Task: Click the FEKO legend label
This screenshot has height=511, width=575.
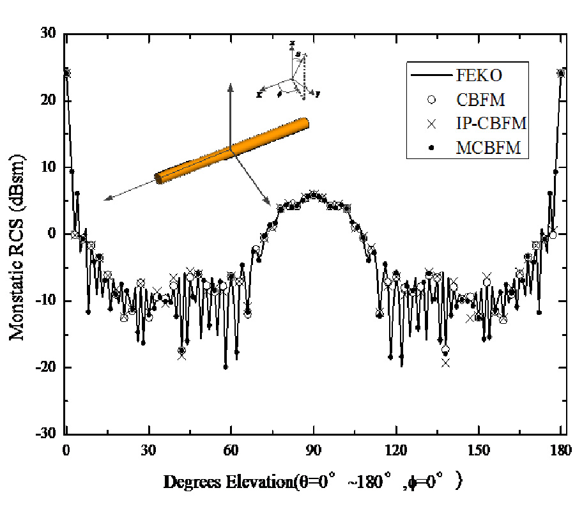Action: [479, 75]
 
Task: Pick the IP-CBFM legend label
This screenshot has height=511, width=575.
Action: [491, 123]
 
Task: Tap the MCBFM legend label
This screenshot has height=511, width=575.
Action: [487, 148]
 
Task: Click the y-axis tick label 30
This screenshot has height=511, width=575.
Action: [49, 33]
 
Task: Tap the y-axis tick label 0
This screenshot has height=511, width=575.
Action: [52, 234]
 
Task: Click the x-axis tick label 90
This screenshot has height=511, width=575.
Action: [313, 449]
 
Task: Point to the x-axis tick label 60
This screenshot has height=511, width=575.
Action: [231, 449]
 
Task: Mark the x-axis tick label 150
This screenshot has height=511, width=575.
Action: [479, 449]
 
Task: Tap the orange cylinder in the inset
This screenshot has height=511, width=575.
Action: [232, 151]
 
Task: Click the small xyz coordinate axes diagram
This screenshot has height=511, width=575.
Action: [291, 73]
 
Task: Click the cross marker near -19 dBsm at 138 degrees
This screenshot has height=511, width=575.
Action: [445, 362]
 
